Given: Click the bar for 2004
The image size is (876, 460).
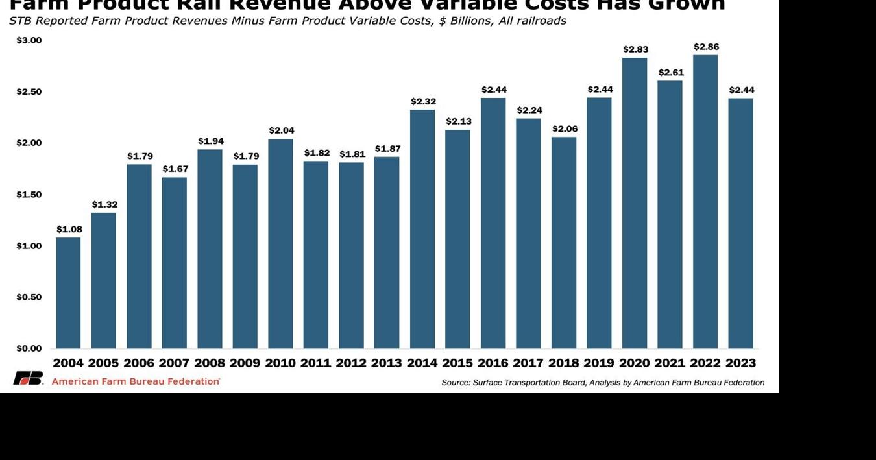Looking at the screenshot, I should [x=68, y=293].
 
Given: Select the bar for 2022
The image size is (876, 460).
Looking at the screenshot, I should [x=705, y=202].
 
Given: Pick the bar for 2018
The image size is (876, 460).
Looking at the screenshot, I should [x=564, y=243].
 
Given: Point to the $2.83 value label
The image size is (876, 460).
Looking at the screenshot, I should [x=635, y=49].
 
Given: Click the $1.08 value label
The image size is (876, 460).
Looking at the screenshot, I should [x=69, y=229].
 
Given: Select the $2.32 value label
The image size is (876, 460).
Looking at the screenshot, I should [x=423, y=101].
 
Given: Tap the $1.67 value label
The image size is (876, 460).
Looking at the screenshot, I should [x=175, y=169].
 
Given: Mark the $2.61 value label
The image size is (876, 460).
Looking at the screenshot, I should [x=671, y=72].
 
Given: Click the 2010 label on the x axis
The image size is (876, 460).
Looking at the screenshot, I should [x=281, y=363].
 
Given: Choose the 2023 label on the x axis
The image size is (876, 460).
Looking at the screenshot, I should [x=740, y=363].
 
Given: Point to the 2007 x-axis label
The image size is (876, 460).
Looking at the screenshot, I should [x=175, y=363].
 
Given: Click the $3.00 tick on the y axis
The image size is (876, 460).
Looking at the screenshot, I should [x=29, y=40].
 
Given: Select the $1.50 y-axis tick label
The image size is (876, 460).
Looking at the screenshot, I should [x=29, y=195].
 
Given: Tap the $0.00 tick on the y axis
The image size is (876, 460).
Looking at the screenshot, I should [x=29, y=348].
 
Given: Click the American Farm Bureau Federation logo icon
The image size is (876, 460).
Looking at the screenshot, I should [x=28, y=378].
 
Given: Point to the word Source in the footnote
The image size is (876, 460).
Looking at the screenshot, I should [x=455, y=383].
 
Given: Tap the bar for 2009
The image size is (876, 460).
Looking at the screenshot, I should [x=245, y=256].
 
